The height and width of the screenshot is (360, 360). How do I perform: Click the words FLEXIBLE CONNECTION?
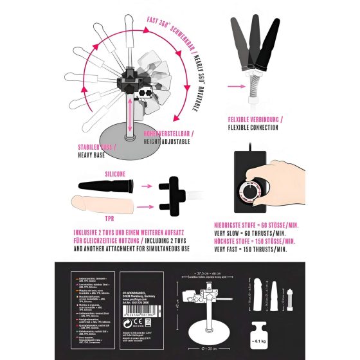click(x=253, y=127)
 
